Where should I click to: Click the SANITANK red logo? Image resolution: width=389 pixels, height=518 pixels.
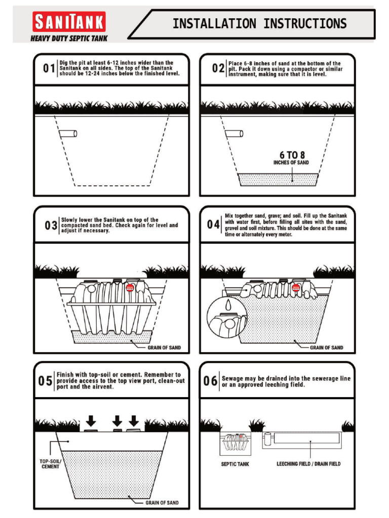pos(69,22)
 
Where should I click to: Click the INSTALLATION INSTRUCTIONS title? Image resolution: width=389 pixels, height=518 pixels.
pos(259,24)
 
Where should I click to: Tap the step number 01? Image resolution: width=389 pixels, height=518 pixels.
pos(49,69)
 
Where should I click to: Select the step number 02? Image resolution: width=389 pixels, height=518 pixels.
pos(218,69)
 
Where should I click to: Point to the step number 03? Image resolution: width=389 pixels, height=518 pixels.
pos(51,226)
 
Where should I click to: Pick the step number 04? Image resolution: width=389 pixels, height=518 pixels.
pos(213,224)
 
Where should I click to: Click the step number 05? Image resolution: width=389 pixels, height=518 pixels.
pos(45,381)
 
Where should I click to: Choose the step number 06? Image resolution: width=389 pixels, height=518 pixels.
pos(211,381)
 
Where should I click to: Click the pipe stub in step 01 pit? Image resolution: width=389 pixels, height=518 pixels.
pos(67,134)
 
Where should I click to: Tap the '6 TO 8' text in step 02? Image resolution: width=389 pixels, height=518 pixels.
pos(292,155)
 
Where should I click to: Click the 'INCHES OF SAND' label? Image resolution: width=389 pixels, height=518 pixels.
pos(291,163)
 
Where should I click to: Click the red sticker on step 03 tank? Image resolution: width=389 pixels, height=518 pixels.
pos(129,287)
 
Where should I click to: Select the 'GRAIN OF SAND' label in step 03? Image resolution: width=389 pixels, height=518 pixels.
pos(164,348)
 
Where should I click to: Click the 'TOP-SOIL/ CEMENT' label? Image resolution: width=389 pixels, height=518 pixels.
pos(51,464)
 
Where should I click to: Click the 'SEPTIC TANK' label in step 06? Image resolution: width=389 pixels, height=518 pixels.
pos(235,464)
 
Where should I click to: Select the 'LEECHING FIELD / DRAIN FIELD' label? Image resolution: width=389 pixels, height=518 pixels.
pos(308,464)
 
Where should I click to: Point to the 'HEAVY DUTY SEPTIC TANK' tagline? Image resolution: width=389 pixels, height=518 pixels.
pos(69,38)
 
